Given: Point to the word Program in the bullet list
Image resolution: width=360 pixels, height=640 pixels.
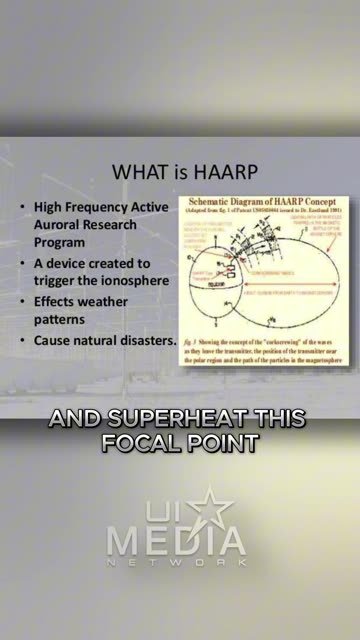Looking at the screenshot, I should [x=60, y=242].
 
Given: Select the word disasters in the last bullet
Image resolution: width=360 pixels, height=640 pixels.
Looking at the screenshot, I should [x=145, y=340].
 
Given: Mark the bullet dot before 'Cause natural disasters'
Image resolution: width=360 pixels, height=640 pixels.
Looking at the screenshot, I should [x=23, y=341].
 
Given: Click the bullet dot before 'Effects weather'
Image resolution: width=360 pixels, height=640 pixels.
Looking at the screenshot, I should [x=23, y=300].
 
